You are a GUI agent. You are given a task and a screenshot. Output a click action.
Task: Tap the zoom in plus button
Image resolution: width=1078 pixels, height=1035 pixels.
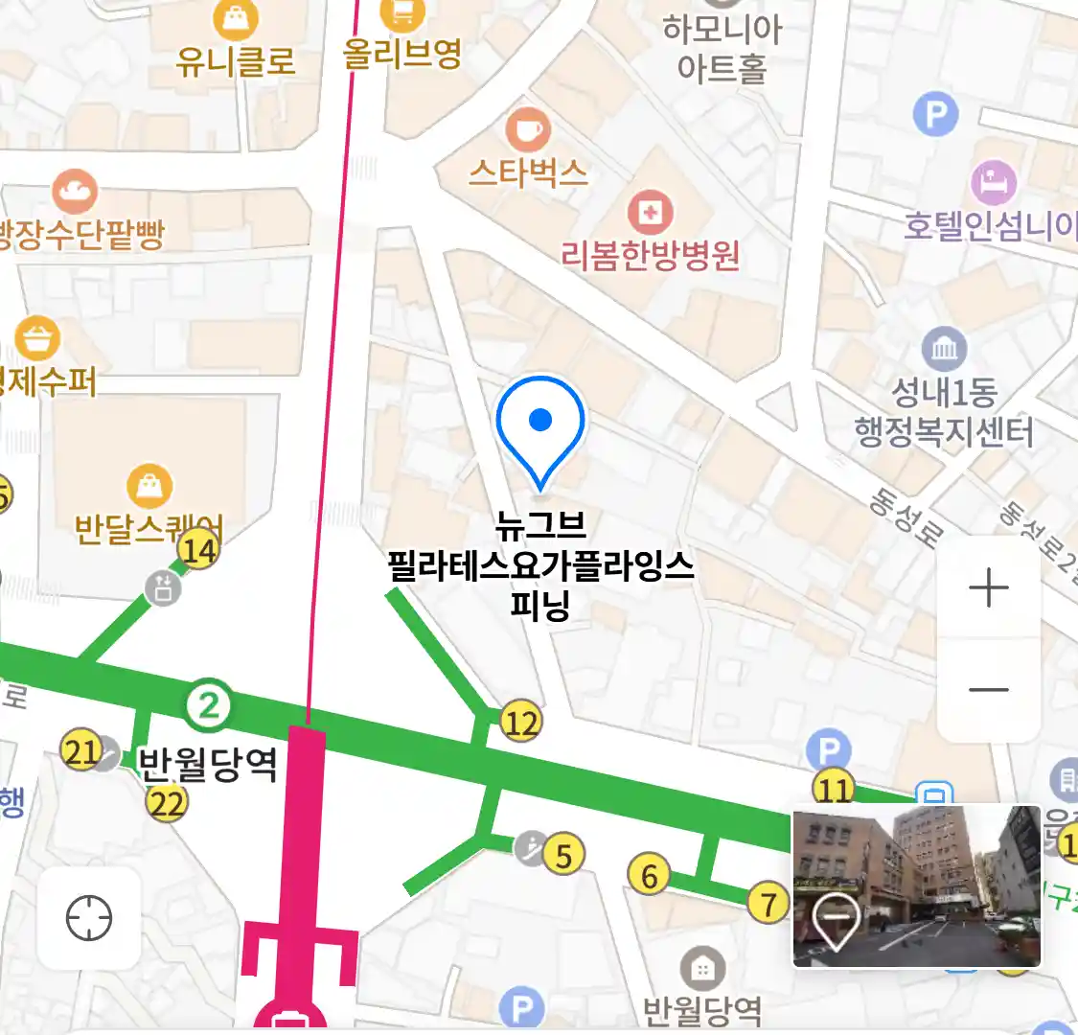(989, 587)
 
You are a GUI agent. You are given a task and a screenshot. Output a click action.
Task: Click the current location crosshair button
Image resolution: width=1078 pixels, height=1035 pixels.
(89, 919)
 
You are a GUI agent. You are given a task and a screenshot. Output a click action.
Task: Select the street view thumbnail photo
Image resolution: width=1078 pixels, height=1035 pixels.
(916, 885)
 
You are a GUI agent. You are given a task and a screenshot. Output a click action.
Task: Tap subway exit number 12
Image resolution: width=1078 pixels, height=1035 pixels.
(520, 722)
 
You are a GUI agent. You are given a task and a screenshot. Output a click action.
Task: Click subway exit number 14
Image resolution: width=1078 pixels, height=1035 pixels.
(199, 550)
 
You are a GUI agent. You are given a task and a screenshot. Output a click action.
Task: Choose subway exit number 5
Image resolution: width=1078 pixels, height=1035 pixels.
(563, 854)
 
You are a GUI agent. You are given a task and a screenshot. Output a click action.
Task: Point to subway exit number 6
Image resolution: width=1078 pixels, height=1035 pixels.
(650, 875)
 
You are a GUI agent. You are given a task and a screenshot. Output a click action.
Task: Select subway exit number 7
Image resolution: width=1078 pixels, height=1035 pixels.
(768, 903)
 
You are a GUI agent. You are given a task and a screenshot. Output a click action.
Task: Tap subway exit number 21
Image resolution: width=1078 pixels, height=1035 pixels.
(81, 751)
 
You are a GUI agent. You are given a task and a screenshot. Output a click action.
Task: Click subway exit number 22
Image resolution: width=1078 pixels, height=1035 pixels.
(167, 802)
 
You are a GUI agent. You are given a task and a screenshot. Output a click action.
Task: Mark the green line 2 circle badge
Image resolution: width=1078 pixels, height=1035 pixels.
(209, 706)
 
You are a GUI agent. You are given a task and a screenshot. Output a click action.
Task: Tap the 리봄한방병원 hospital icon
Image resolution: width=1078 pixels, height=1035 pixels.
(651, 212)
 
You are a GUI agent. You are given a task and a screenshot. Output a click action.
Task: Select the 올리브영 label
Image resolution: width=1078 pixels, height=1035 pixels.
(402, 52)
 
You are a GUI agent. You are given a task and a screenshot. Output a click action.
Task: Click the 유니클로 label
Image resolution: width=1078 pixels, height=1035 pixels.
(236, 60)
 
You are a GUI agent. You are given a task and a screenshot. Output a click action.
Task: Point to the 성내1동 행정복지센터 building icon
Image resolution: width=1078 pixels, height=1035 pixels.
(944, 349)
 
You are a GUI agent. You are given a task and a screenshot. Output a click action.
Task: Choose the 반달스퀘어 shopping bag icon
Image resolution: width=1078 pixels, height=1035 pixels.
(149, 486)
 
